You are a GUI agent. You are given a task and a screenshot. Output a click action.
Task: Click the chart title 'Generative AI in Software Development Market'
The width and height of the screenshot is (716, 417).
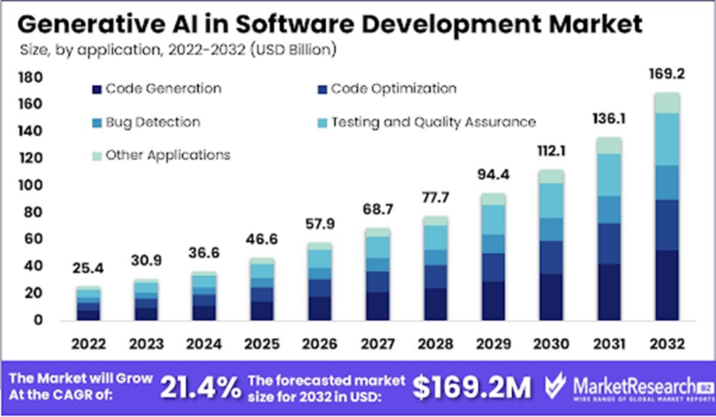coord(328,24)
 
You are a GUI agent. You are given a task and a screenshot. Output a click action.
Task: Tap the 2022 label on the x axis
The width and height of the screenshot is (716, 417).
coord(87,344)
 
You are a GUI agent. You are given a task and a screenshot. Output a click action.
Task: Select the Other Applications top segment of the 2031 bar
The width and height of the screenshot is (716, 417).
coord(609,146)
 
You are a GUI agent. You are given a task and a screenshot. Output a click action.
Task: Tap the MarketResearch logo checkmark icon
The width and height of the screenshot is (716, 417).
coord(554,385)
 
